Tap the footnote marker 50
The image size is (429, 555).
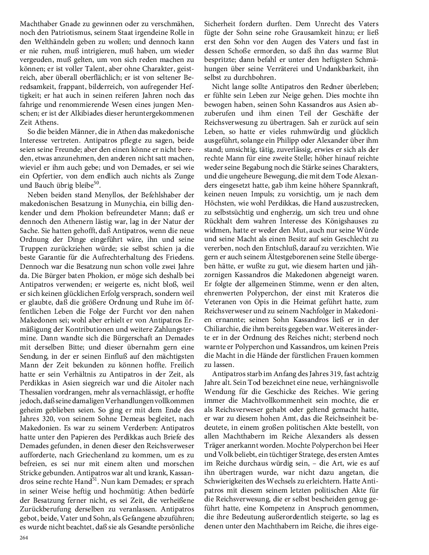97,183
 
